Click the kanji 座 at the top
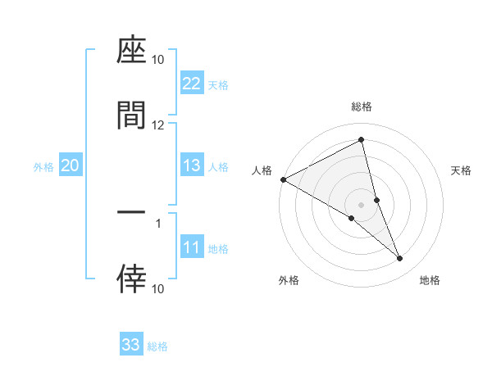pyautogui.click(x=131, y=52)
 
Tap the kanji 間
pyautogui.click(x=131, y=115)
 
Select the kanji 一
pyautogui.click(x=131, y=212)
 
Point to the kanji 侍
pyautogui.click(x=131, y=279)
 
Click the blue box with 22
pyautogui.click(x=192, y=84)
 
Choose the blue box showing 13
pyautogui.click(x=192, y=165)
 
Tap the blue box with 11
pyautogui.click(x=192, y=247)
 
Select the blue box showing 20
pyautogui.click(x=71, y=165)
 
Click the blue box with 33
pyautogui.click(x=131, y=345)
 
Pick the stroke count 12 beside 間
pyautogui.click(x=158, y=125)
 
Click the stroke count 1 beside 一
pyautogui.click(x=158, y=222)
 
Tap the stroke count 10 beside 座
pyautogui.click(x=158, y=60)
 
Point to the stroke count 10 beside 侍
pyautogui.click(x=158, y=288)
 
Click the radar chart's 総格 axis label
pyautogui.click(x=362, y=106)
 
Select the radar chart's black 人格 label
pyautogui.click(x=262, y=170)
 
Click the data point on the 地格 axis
pyautogui.click(x=400, y=259)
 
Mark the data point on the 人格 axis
pyautogui.click(x=283, y=179)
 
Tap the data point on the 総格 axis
pyautogui.click(x=362, y=140)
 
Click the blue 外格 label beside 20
pyautogui.click(x=43, y=167)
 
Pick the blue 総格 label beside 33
pyautogui.click(x=157, y=346)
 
